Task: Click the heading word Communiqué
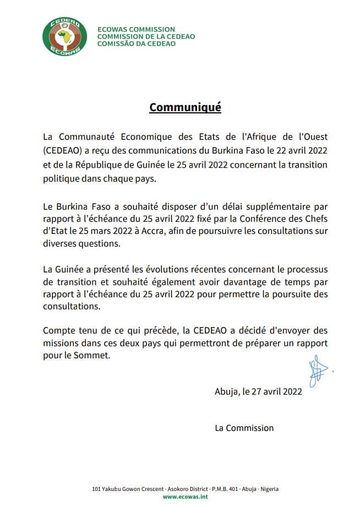[x=185, y=107]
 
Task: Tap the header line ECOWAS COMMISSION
[x=136, y=29]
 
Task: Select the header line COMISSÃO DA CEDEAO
[x=136, y=43]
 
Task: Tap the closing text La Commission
[x=244, y=428]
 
